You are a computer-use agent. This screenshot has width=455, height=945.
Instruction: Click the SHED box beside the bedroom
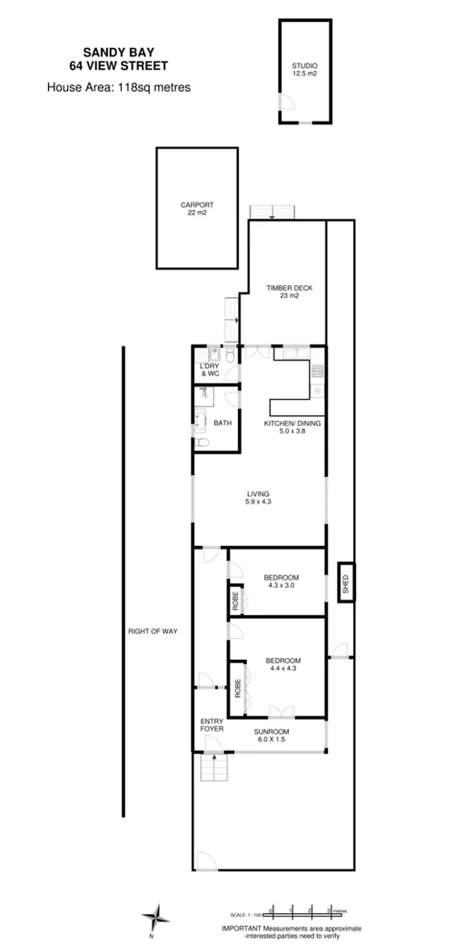coord(345,583)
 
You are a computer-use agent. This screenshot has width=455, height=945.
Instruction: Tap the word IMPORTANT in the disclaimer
coord(242,928)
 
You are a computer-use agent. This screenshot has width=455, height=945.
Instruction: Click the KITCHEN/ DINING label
coord(292,428)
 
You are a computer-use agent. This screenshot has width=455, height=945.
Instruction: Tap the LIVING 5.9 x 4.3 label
coord(259,497)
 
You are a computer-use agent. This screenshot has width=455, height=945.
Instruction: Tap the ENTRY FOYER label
coord(211,724)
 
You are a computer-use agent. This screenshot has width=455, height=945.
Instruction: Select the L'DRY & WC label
coord(210,370)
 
